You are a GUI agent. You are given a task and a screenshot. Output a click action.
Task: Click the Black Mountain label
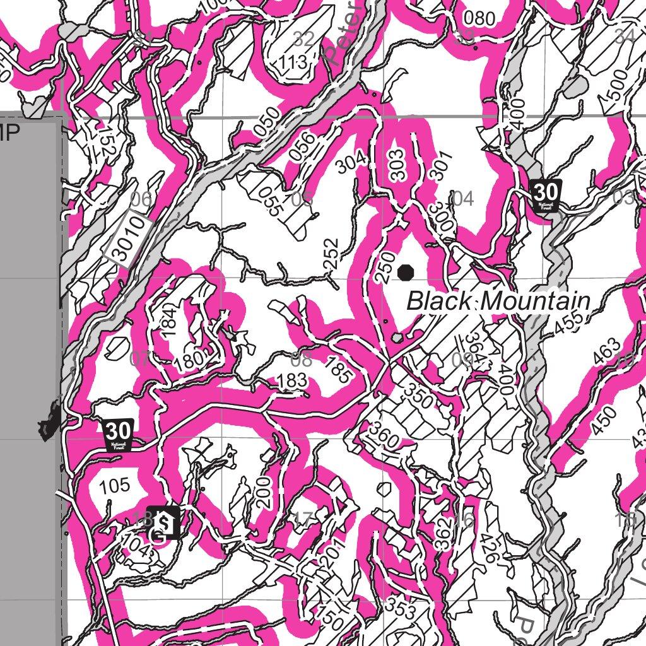click(x=498, y=301)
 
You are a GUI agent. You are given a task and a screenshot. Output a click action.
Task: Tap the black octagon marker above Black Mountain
click(x=405, y=272)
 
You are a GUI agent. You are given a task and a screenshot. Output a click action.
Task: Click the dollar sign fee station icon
click(x=163, y=521)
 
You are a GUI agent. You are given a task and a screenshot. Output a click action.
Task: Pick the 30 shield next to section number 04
click(x=546, y=194)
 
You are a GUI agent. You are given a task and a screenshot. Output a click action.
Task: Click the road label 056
click(x=302, y=146)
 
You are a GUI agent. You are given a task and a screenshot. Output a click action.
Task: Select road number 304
click(x=350, y=162)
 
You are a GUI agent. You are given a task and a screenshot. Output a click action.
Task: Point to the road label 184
click(x=167, y=321)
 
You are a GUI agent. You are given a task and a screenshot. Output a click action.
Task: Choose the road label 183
click(x=292, y=380)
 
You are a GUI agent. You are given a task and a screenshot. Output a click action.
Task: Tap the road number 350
click(x=419, y=395)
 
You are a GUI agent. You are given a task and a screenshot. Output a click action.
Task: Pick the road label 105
click(x=115, y=486)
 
